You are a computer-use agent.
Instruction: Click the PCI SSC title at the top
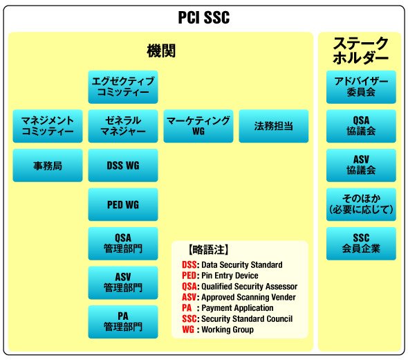(204, 17)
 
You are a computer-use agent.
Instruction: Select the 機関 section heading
(161, 51)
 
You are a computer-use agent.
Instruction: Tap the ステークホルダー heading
(361, 51)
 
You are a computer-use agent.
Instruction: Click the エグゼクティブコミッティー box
(123, 87)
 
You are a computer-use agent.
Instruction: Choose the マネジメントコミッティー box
(48, 126)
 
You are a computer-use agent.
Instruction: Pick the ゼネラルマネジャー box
(123, 126)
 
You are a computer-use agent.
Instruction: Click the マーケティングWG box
(198, 126)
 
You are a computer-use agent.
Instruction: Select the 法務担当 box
(274, 126)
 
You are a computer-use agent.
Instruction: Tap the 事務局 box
(48, 165)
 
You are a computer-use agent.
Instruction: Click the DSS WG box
(123, 165)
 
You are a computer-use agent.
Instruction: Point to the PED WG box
(123, 204)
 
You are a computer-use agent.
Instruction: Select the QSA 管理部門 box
(123, 244)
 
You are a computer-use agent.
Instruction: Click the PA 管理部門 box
(123, 322)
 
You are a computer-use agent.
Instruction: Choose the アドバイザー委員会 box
(361, 87)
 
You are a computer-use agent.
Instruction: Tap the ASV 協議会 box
(361, 165)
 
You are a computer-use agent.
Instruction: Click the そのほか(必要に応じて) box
(361, 204)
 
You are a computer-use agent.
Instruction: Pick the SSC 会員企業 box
(361, 244)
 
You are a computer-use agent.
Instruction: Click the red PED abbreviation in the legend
(189, 276)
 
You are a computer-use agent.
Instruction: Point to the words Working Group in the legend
(228, 330)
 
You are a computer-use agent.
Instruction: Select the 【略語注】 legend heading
(208, 249)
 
